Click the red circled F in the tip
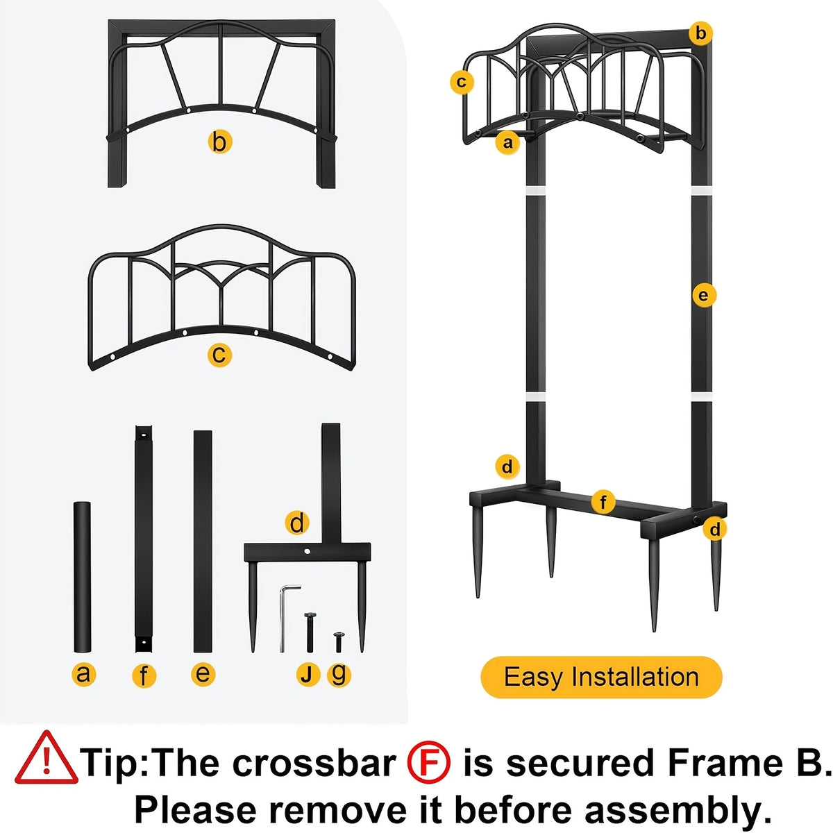pos(429,762)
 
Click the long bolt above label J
pos(310,632)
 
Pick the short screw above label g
pos(339,642)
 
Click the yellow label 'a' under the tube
pos(83,686)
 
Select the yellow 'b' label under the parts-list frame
pos(219,142)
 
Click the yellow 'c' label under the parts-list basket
pos(219,355)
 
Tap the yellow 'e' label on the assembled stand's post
pos(704,296)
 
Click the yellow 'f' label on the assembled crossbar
pos(603,503)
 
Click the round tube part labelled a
pos(82,577)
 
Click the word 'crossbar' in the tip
pos(312,762)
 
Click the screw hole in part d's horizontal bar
pos(308,551)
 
